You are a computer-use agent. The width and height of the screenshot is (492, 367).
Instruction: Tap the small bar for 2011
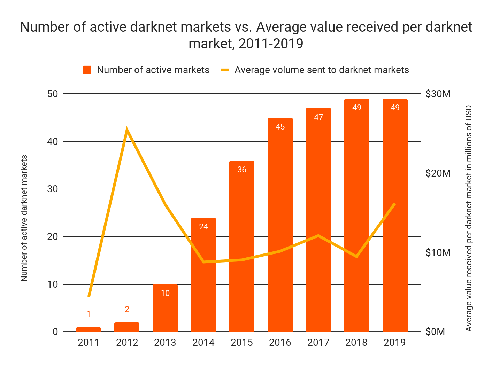(x=89, y=329)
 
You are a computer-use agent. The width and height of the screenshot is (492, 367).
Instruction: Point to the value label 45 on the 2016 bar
(x=280, y=127)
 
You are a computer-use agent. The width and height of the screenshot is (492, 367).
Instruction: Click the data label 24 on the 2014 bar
(x=203, y=227)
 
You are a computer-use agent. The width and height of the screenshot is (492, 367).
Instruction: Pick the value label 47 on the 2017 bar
(x=318, y=117)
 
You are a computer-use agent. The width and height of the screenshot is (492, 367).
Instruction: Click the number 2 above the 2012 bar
(x=127, y=309)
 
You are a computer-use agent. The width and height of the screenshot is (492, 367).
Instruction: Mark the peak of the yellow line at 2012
(x=127, y=130)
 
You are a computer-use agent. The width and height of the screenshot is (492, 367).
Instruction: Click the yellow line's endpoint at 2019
(x=394, y=204)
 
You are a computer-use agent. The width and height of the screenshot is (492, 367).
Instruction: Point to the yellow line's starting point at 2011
(x=89, y=296)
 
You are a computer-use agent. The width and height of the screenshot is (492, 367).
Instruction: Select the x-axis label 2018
(x=356, y=343)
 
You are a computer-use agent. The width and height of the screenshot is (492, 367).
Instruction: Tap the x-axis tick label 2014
(x=203, y=343)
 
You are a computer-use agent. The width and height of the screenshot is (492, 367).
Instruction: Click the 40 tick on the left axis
(x=53, y=142)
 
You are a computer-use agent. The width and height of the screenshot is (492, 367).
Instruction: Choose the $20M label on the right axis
(x=438, y=173)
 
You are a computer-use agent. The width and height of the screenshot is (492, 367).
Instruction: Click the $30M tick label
(x=438, y=94)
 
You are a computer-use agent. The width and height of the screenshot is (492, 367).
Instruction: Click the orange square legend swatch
(x=87, y=70)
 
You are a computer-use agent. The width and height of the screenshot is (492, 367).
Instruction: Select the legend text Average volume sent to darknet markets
(x=322, y=70)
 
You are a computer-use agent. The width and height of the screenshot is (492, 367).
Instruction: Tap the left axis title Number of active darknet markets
(x=24, y=218)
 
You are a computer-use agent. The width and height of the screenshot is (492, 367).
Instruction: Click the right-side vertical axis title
(x=469, y=218)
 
